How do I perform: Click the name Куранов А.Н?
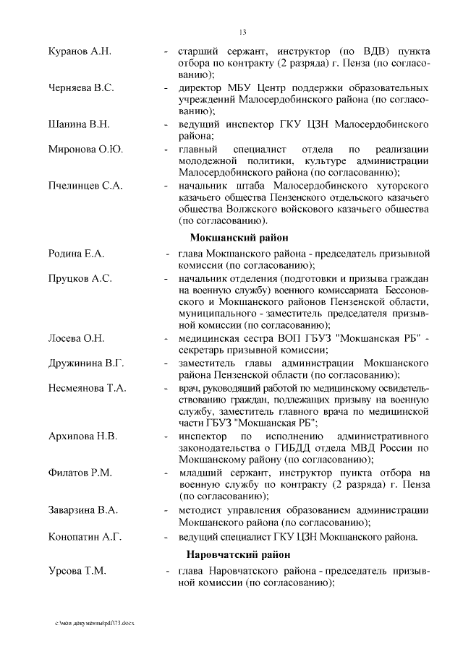click(x=80, y=53)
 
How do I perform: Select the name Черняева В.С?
click(x=81, y=87)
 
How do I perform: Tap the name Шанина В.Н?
click(x=79, y=124)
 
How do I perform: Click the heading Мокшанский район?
click(x=239, y=237)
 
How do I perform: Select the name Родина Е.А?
click(x=77, y=254)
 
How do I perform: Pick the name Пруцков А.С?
click(x=80, y=278)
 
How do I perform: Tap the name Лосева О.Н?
click(x=77, y=338)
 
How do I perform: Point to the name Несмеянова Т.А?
click(x=88, y=387)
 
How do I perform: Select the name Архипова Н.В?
click(x=82, y=436)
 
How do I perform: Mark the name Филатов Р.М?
click(x=80, y=473)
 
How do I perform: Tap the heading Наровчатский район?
click(x=239, y=555)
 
